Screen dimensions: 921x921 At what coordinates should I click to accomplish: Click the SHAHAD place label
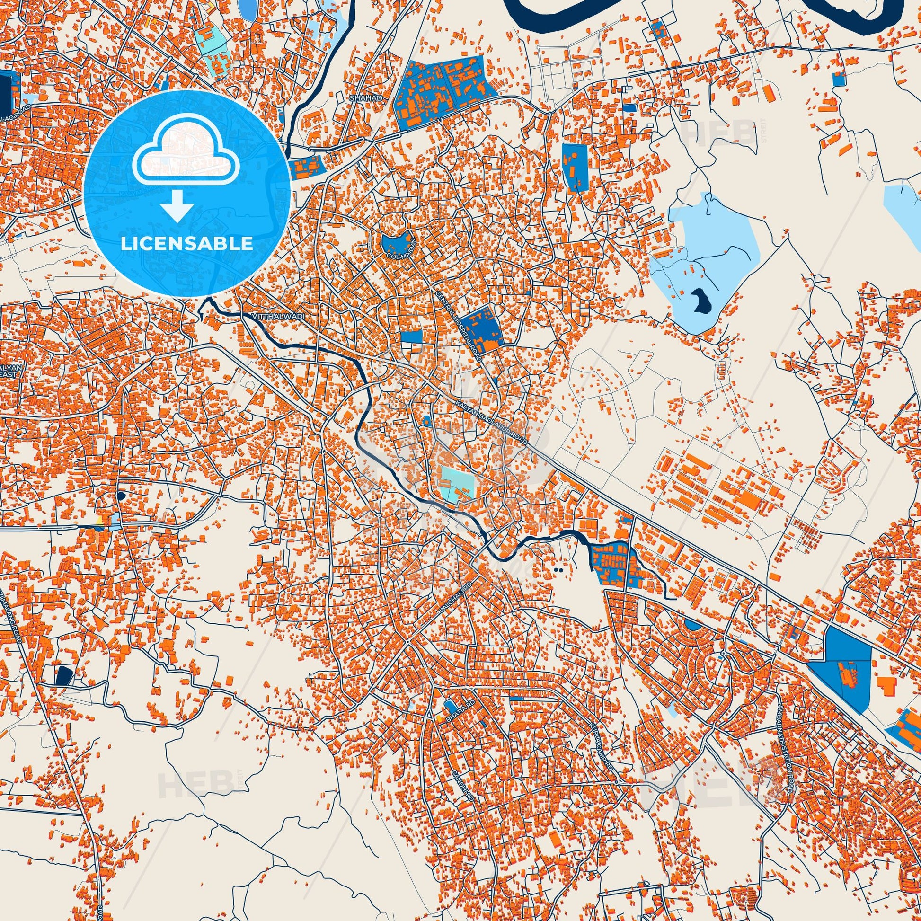(x=359, y=98)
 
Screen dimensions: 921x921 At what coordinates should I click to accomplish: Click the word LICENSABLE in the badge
(x=186, y=244)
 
